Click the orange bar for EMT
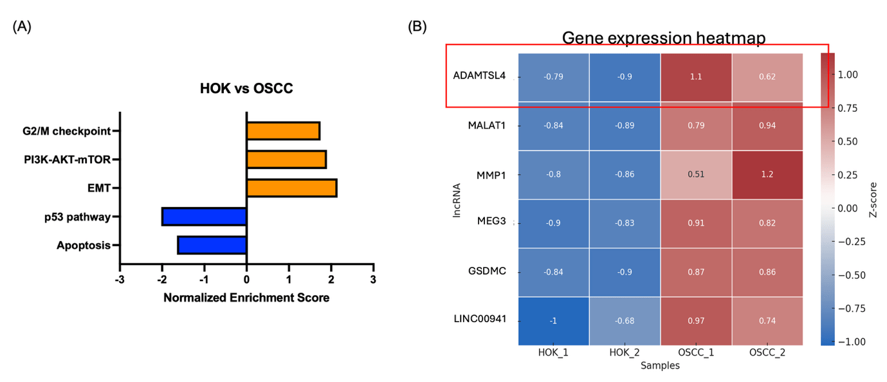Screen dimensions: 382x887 pyautogui.click(x=291, y=188)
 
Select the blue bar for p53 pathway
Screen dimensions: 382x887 pyautogui.click(x=204, y=216)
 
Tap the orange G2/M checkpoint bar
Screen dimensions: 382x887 pyautogui.click(x=283, y=131)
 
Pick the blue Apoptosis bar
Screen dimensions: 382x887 pyautogui.click(x=212, y=245)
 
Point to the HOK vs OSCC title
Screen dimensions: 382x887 pyautogui.click(x=246, y=89)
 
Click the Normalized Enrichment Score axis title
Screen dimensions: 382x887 pyautogui.click(x=246, y=298)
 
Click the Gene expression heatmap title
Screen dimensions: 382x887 pyautogui.click(x=663, y=38)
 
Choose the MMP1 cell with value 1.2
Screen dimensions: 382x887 pyautogui.click(x=767, y=174)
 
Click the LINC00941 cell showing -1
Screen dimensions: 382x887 pyautogui.click(x=553, y=321)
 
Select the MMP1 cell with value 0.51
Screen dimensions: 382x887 pyautogui.click(x=696, y=174)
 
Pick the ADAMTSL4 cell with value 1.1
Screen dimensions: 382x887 pyautogui.click(x=696, y=77)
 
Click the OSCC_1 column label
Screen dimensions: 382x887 pyautogui.click(x=696, y=353)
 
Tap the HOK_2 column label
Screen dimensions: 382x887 pyautogui.click(x=624, y=353)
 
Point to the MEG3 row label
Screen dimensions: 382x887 pyautogui.click(x=491, y=221)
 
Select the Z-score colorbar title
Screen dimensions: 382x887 pyautogui.click(x=873, y=199)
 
